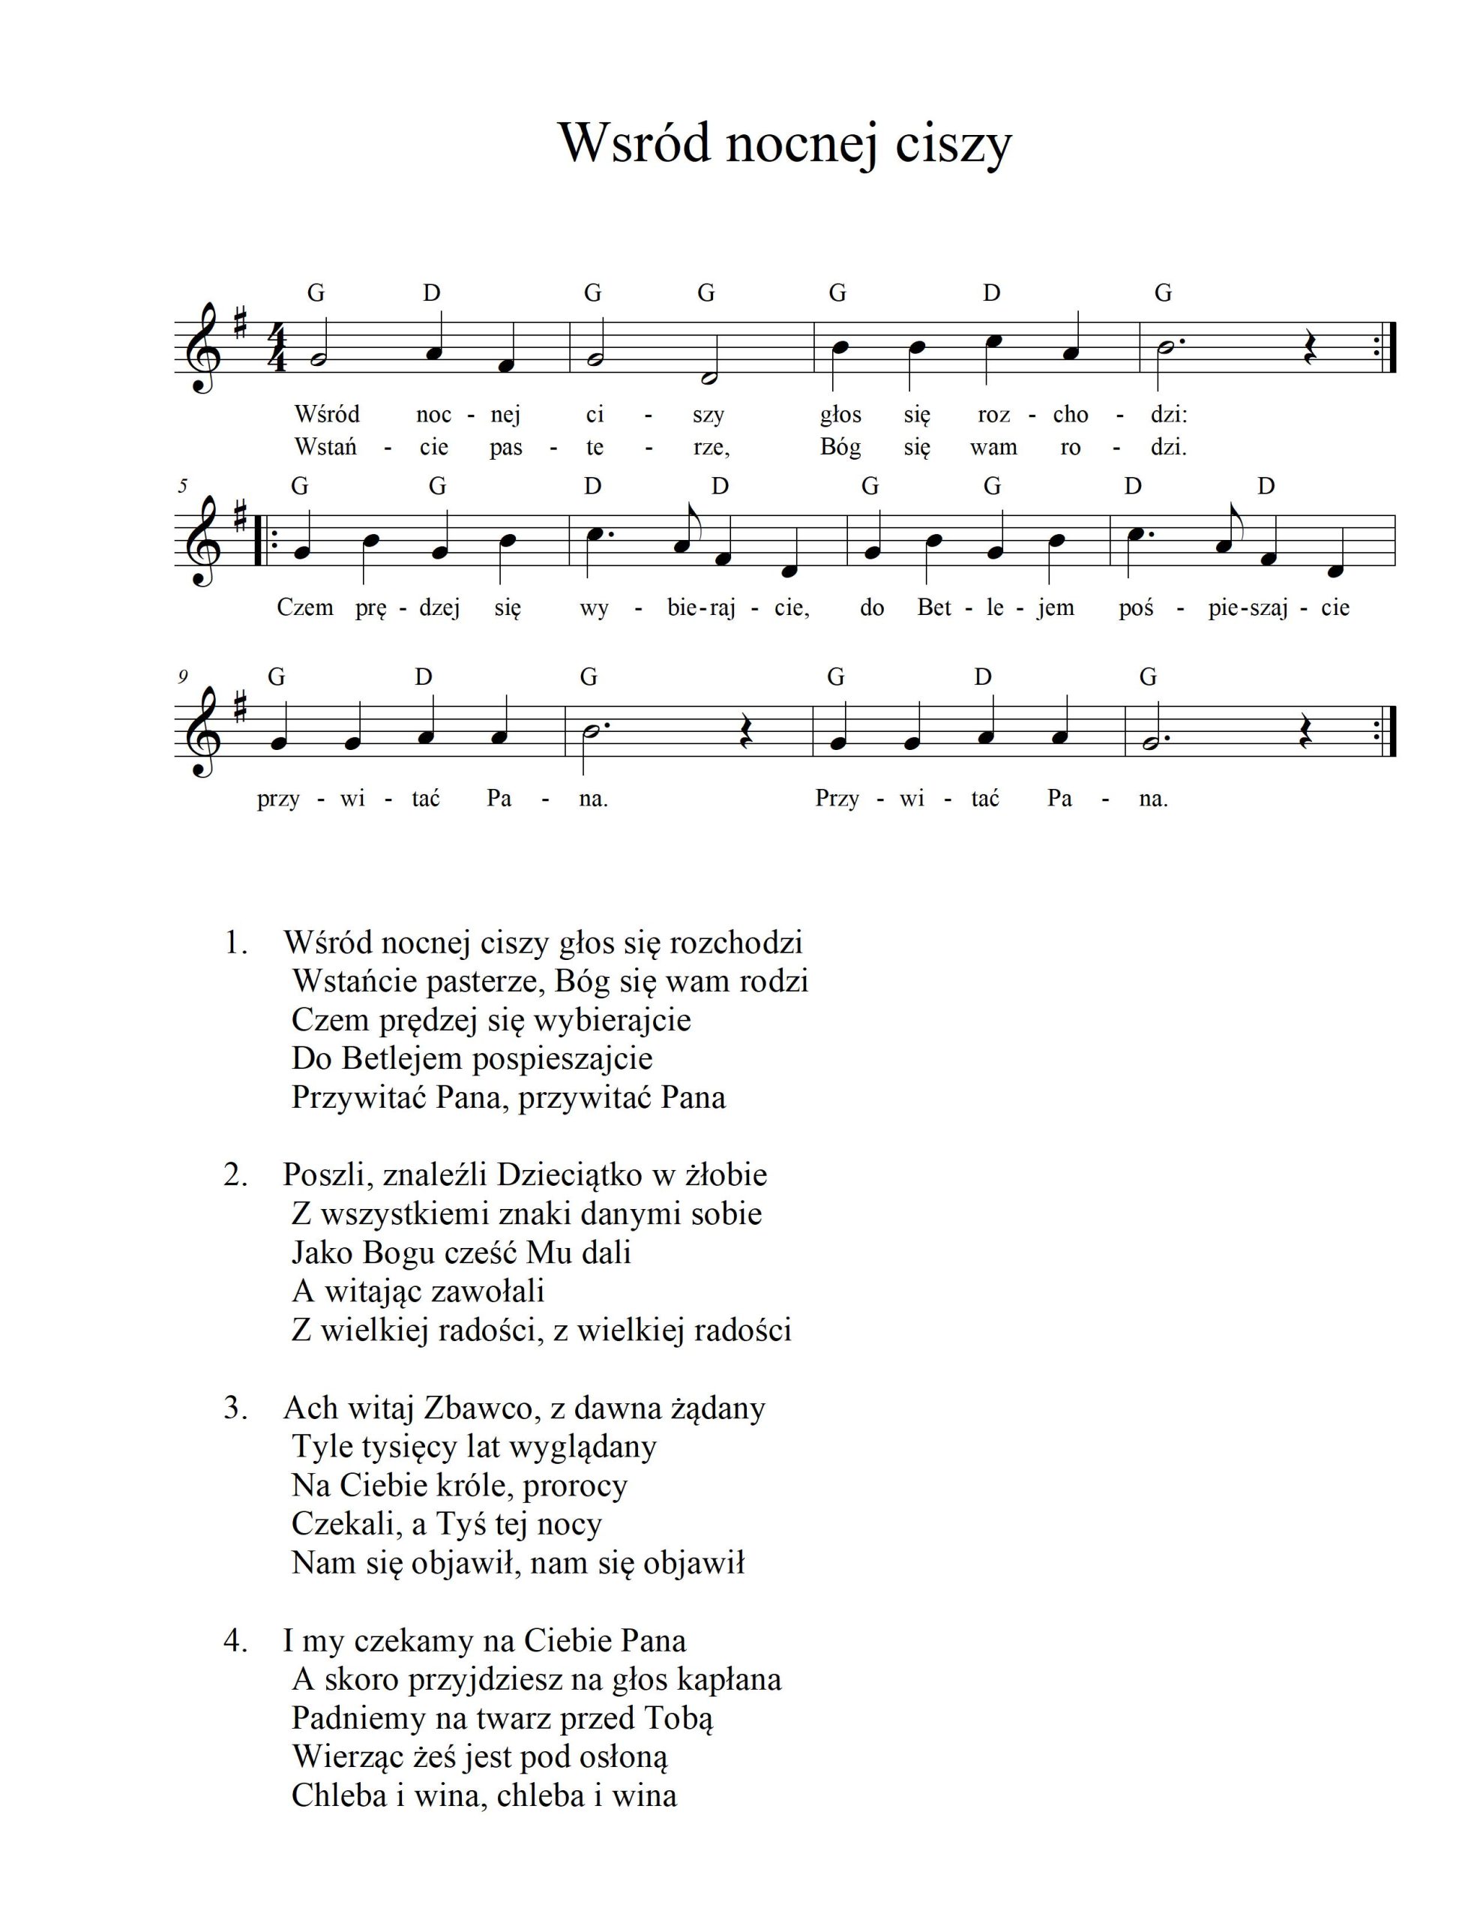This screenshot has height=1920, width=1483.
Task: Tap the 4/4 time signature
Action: click(279, 350)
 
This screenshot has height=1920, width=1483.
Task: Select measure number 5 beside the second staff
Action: click(181, 486)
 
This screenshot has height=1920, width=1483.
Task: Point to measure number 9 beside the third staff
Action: click(182, 677)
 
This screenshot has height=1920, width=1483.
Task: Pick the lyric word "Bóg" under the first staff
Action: click(840, 446)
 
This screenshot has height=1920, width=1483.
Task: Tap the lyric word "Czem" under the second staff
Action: click(305, 607)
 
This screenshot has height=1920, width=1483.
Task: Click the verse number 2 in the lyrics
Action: click(235, 1175)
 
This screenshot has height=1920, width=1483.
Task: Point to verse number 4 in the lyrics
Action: click(235, 1640)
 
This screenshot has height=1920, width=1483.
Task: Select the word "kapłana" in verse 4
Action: click(730, 1679)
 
